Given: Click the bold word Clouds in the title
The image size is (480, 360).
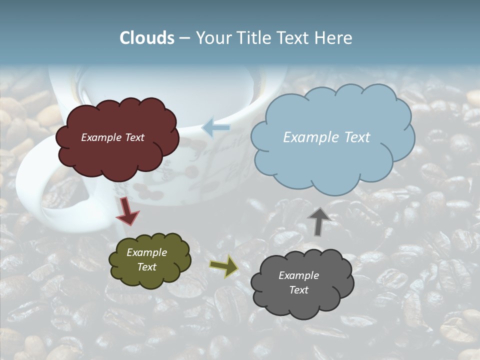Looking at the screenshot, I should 147,38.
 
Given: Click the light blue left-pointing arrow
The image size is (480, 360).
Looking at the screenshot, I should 216,128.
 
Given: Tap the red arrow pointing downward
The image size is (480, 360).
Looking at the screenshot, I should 127,211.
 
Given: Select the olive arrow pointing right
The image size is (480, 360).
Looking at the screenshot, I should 224,266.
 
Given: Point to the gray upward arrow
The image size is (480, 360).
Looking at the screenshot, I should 318,220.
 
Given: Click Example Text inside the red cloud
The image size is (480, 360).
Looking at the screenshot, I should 112,137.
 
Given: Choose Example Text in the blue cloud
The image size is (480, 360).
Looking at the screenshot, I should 326,137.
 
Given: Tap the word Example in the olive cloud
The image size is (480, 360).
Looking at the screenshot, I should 146,252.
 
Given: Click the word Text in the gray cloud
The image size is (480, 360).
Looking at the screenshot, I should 299,290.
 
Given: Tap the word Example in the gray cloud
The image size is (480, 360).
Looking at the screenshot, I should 299,275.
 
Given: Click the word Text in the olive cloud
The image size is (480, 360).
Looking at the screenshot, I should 146,267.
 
